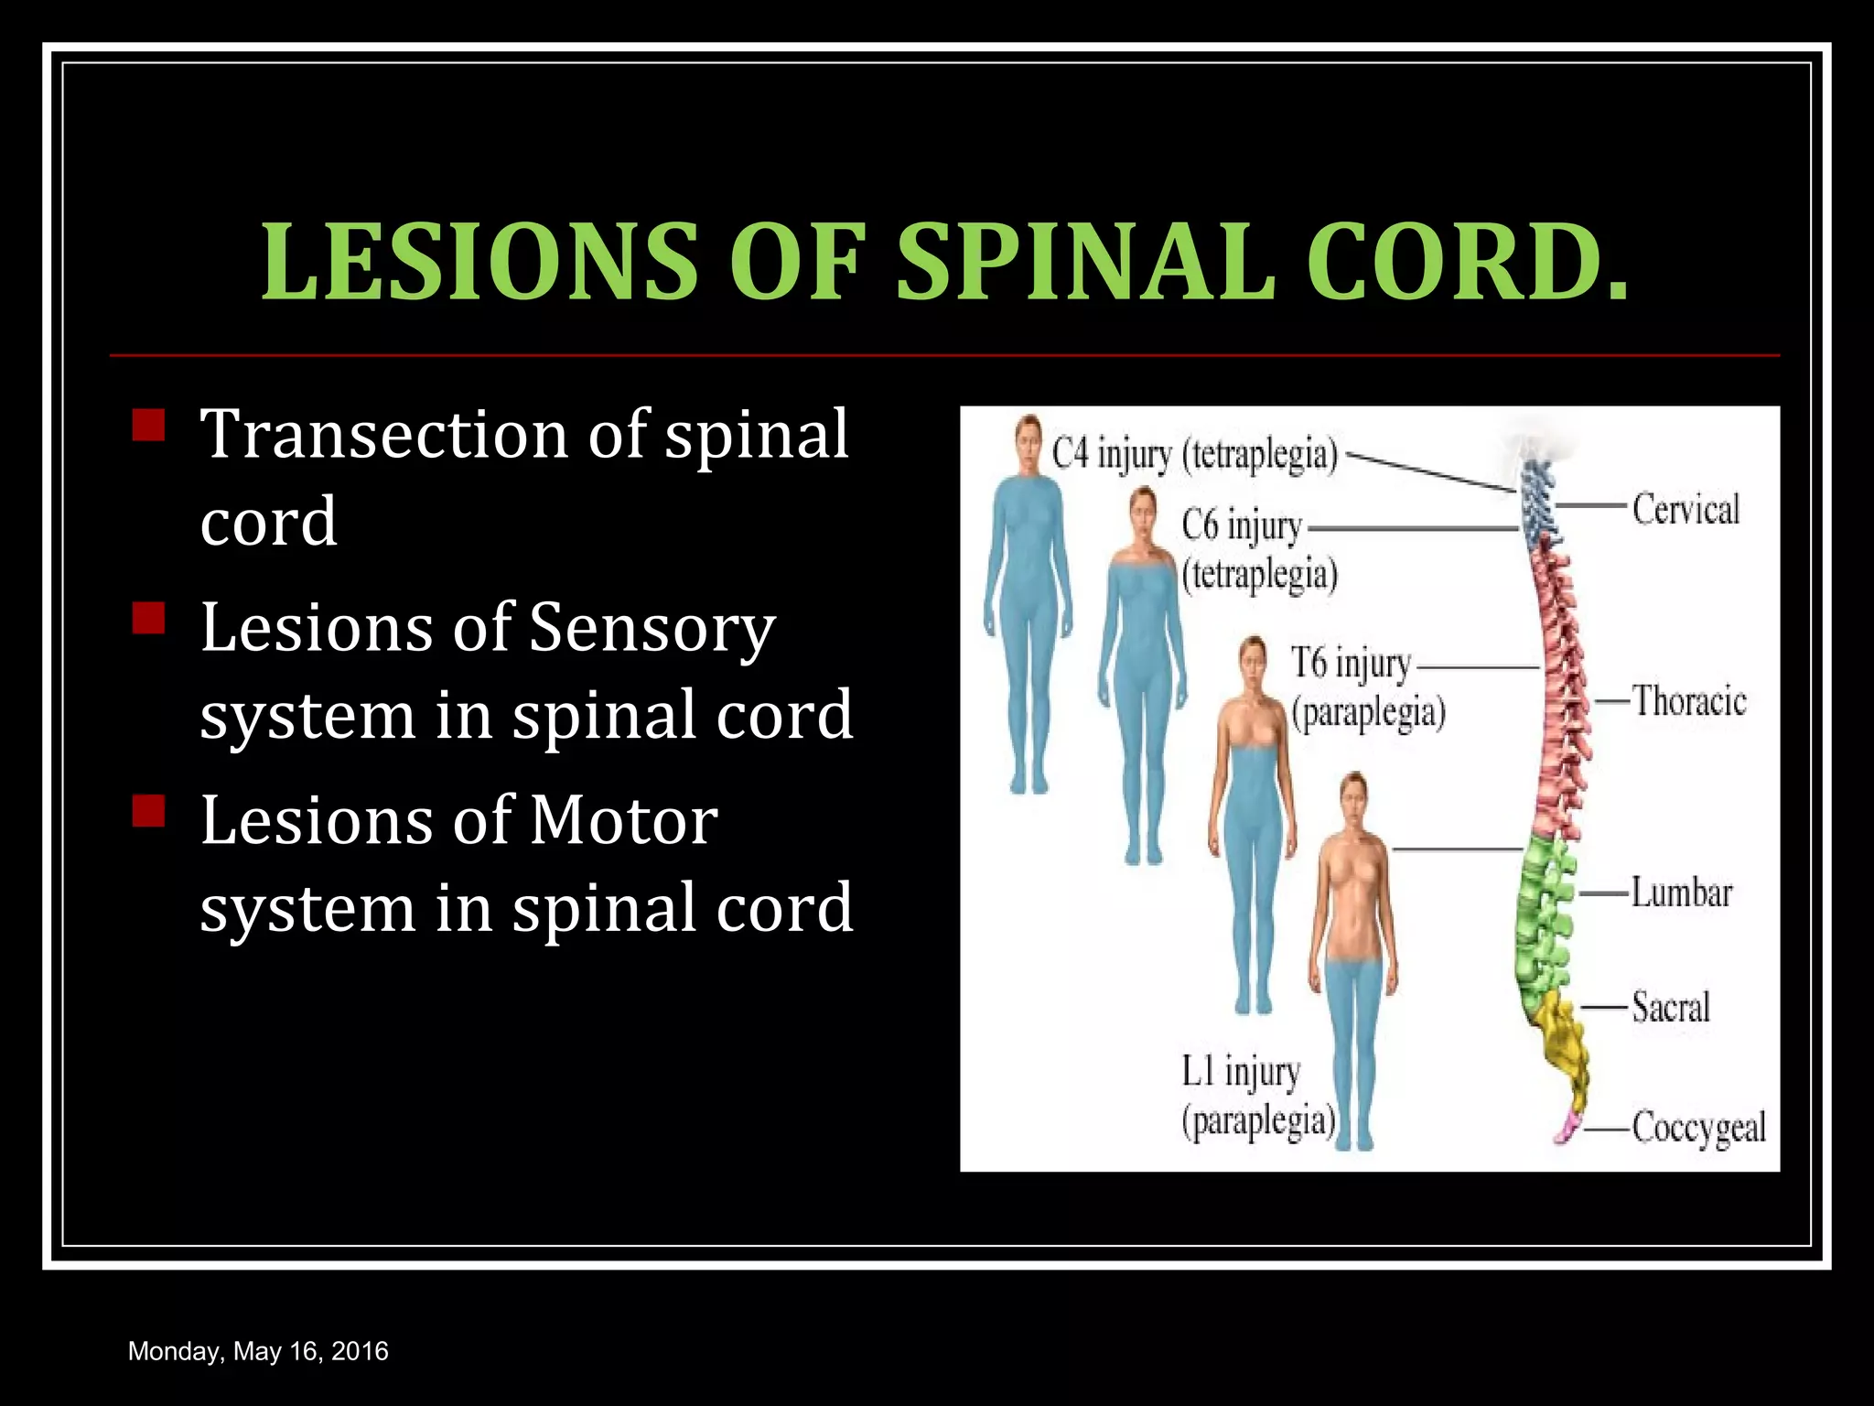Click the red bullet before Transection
click(148, 426)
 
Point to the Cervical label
click(1686, 509)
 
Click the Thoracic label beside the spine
click(1689, 702)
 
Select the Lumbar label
click(1682, 893)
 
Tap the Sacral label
click(1671, 1008)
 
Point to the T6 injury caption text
click(1352, 664)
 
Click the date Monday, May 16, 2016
click(258, 1352)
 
